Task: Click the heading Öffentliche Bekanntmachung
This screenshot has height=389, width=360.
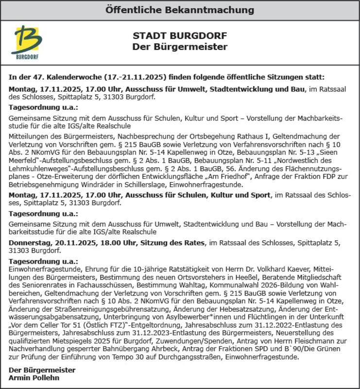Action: point(180,10)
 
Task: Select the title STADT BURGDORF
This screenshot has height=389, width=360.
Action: point(180,36)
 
